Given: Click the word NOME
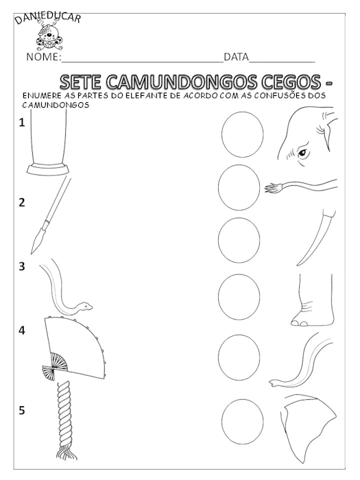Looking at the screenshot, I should click(x=43, y=57).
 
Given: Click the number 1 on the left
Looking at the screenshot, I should click(x=22, y=123).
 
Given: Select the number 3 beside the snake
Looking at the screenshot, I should click(x=22, y=267).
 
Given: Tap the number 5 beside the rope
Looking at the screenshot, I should click(x=22, y=411).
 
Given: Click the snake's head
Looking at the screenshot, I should click(x=84, y=305).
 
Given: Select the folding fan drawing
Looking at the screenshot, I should click(x=72, y=350).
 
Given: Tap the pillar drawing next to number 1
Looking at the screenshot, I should click(x=49, y=144).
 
